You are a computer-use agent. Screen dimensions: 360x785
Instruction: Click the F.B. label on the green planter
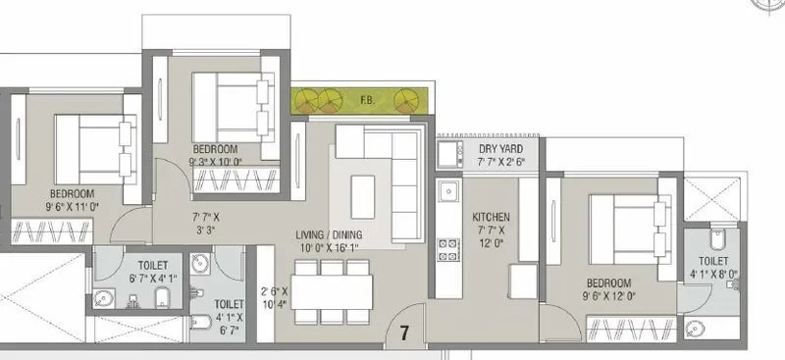click(365, 99)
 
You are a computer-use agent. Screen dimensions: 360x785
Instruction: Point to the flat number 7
click(403, 334)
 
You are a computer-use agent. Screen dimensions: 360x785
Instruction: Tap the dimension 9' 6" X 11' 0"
click(73, 207)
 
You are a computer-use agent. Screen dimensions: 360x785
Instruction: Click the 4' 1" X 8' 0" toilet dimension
click(712, 275)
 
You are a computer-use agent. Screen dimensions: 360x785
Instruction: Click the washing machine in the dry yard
click(449, 155)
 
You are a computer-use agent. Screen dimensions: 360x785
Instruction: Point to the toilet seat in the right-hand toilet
click(714, 240)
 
